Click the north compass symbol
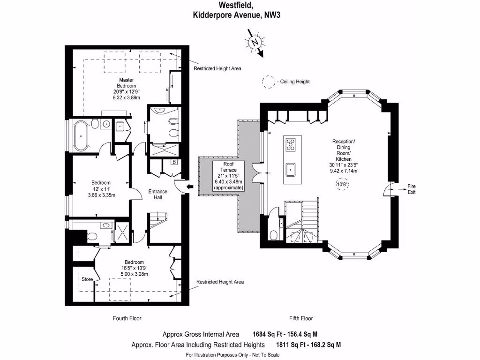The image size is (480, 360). pos(255,42)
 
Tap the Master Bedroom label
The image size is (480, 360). pos(127,83)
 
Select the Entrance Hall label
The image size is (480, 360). pos(158,195)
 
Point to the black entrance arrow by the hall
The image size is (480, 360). pos(190,187)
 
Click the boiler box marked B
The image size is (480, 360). pos(174,162)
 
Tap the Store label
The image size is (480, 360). pos(87,279)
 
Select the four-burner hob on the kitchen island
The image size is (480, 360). pos(291,144)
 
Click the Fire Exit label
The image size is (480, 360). pos(411,189)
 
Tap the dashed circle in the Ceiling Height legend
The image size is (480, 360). pos(269,82)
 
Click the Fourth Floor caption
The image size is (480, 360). pos(127,318)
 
